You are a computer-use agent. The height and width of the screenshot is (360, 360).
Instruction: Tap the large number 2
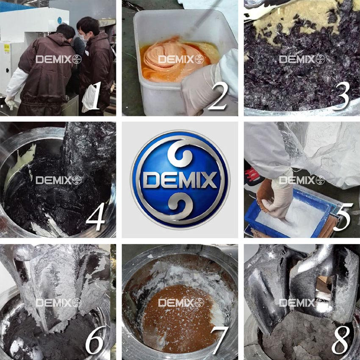pos(218,97)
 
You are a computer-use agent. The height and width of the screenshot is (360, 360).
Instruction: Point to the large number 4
pos(96,217)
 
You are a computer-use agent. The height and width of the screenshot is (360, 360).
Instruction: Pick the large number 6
pos(94,340)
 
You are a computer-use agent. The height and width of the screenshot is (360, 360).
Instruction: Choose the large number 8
pos(341,340)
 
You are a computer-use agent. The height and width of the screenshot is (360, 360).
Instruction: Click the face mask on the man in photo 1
pos(83,37)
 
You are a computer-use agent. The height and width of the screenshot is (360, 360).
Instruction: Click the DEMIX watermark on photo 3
pos(302,59)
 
